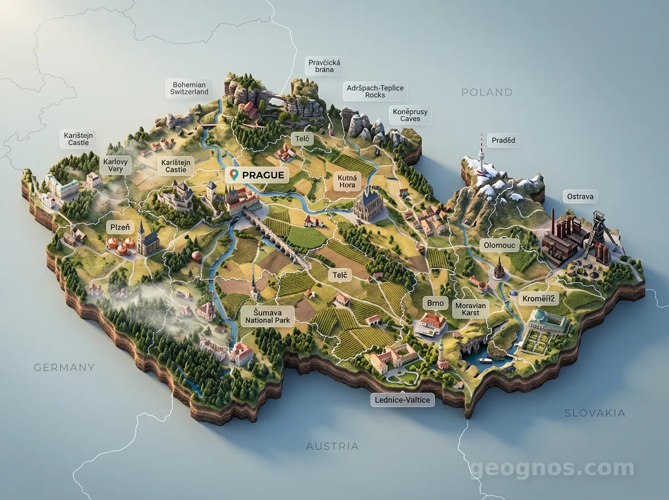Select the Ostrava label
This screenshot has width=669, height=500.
coord(581,196)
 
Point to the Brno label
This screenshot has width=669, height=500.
coord(435,303)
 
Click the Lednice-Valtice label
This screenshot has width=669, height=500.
coord(403,400)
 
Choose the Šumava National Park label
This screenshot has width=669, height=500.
coord(268,316)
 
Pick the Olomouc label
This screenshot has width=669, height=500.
coord(500,245)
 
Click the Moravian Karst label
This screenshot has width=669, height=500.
coord(471,309)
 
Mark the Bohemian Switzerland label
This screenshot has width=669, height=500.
coord(190,88)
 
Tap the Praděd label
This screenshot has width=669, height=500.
coord(503,141)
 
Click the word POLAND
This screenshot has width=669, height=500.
coord(487,93)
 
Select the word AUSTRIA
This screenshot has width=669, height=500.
coord(332,446)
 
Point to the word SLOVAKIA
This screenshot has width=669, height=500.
coord(595,414)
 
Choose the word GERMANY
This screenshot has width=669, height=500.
coord(64,368)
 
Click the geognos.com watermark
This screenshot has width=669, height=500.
coord(552,469)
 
